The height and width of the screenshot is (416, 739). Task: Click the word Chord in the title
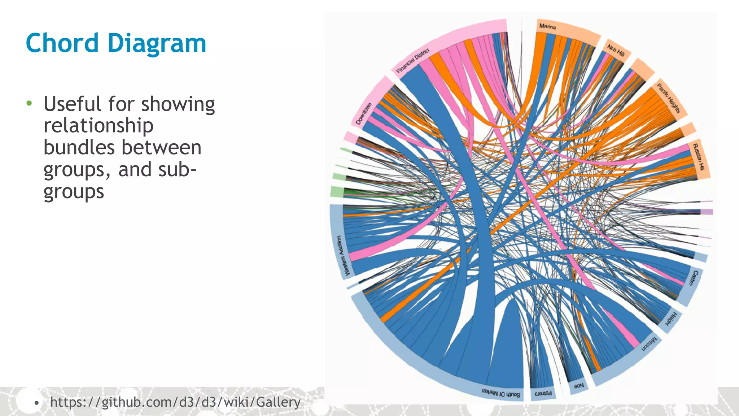(62, 43)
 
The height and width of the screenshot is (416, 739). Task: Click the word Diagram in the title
(157, 43)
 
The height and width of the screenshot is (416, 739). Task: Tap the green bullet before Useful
(29, 104)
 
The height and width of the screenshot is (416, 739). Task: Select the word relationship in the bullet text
(99, 126)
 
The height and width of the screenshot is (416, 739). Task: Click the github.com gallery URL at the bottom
(175, 402)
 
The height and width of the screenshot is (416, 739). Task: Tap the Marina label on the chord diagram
(547, 26)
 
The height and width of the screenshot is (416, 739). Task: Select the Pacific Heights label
(668, 98)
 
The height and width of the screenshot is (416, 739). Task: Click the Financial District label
(413, 60)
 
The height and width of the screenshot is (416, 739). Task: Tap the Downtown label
(363, 114)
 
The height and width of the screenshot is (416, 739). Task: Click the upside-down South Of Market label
(501, 393)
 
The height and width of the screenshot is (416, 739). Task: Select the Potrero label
(543, 393)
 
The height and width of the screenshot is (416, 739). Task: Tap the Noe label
(578, 386)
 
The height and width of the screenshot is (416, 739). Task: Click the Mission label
(649, 344)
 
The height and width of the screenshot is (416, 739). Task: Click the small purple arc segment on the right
(707, 212)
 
